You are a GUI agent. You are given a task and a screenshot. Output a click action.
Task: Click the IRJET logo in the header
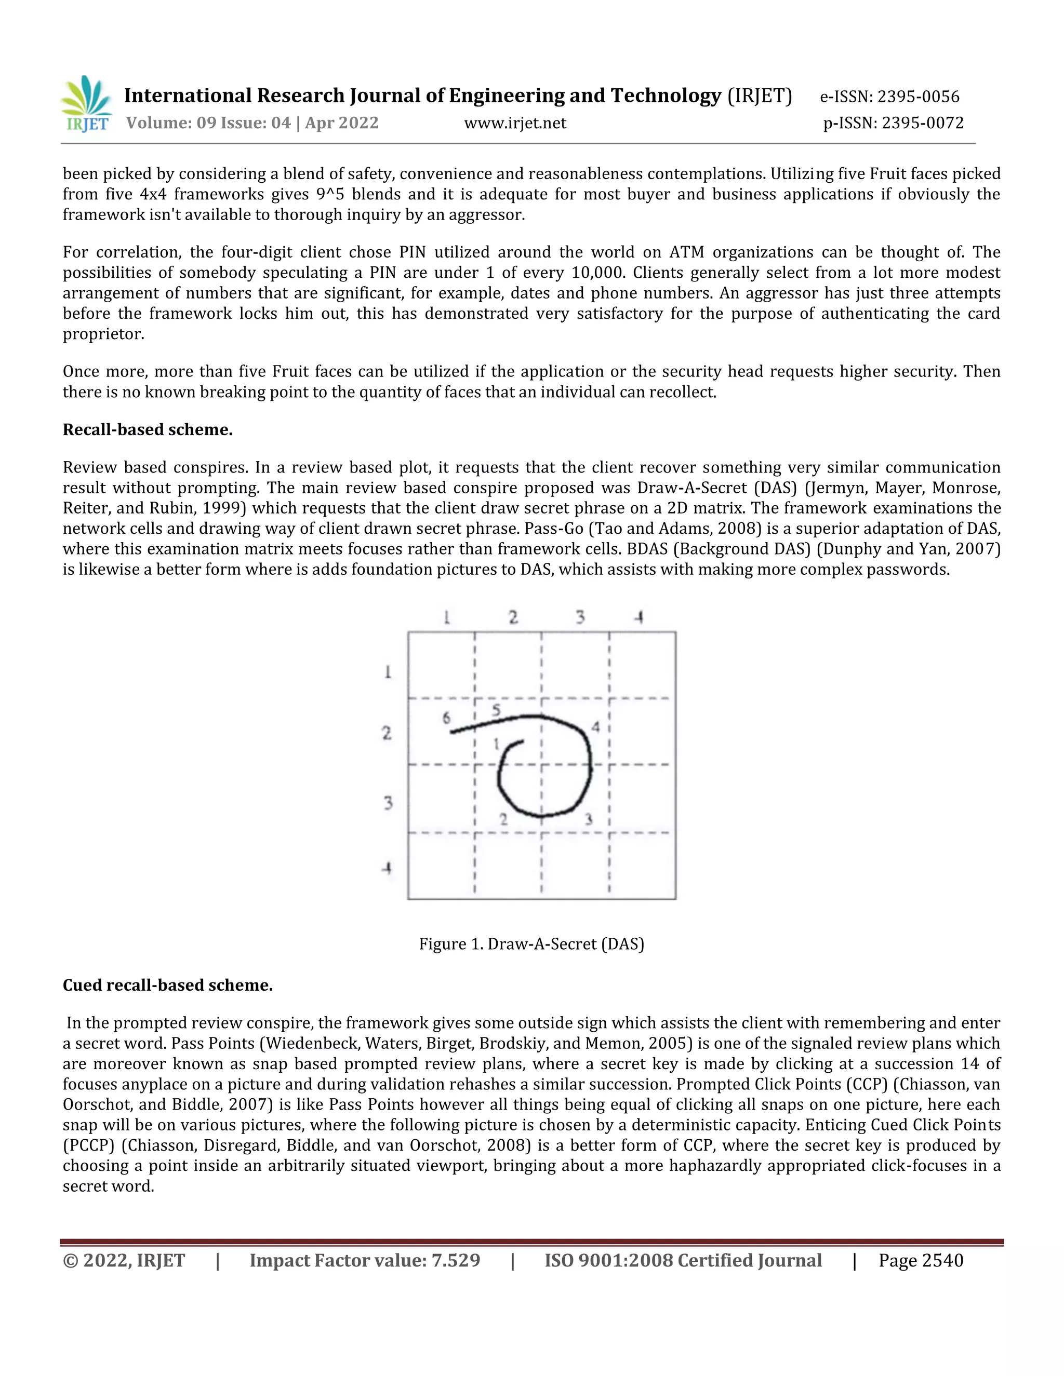click(x=86, y=103)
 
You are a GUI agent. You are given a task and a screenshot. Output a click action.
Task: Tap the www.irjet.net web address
click(x=515, y=123)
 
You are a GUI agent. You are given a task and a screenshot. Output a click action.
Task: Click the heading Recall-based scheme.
click(x=148, y=430)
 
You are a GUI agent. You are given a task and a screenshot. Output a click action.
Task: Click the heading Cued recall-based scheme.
click(x=168, y=984)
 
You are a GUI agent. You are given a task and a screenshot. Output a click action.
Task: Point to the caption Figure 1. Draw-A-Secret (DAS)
click(x=531, y=944)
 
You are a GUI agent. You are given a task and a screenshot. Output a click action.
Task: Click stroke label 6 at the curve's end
click(x=446, y=718)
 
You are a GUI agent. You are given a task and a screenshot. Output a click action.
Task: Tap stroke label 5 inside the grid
click(x=496, y=710)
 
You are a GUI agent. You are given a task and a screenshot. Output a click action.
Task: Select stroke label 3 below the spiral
click(x=588, y=819)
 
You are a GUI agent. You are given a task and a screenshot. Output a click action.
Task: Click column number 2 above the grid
click(x=513, y=617)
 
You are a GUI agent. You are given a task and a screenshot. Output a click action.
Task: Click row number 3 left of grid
click(x=388, y=803)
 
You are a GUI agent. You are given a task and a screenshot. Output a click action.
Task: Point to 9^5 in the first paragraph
click(x=330, y=194)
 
